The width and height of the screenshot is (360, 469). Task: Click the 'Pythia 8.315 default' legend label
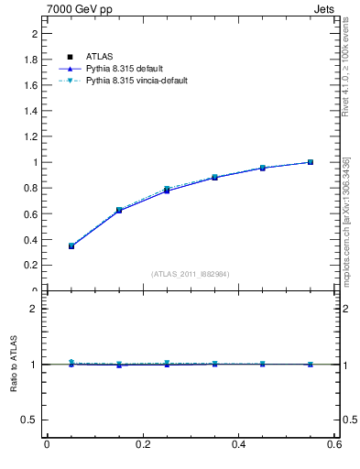click(x=125, y=69)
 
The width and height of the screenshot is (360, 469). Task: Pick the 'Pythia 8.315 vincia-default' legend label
click(x=136, y=81)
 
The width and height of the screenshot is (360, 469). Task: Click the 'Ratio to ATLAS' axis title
click(x=14, y=364)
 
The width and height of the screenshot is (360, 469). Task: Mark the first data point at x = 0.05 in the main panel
click(x=71, y=245)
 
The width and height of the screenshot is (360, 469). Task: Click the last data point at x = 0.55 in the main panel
click(x=311, y=162)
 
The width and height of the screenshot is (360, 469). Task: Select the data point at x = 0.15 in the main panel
click(x=119, y=210)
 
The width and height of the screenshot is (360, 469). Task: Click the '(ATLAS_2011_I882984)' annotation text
click(x=191, y=274)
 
